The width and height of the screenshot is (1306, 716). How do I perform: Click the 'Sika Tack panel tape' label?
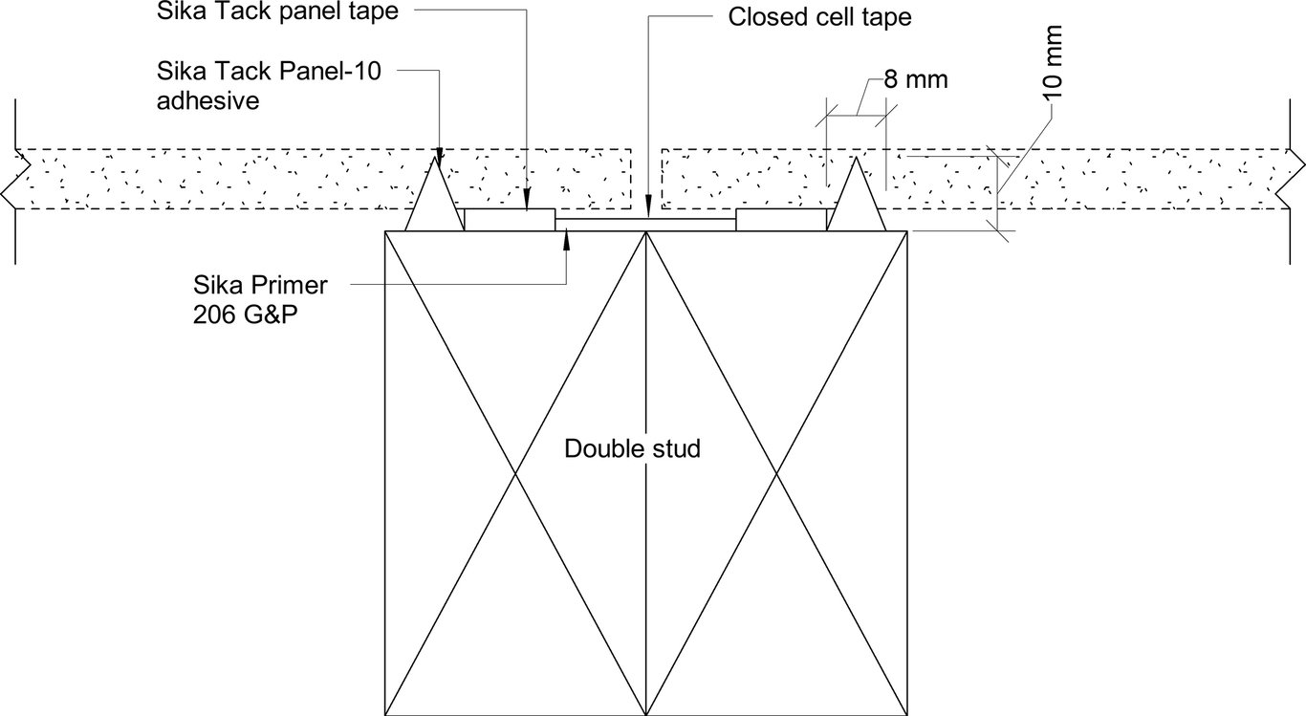276,12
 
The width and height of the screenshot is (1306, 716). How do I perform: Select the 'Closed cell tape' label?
820,17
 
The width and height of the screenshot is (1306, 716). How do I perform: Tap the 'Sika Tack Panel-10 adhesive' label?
269,86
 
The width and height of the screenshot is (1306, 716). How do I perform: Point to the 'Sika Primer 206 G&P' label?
261,299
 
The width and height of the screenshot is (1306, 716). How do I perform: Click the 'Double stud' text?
632,448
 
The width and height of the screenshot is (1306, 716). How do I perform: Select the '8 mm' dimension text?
915,79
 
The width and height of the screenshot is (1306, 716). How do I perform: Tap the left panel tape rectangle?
509,220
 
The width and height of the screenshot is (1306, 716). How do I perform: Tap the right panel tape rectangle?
781,220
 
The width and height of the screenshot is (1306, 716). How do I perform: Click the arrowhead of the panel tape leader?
527,202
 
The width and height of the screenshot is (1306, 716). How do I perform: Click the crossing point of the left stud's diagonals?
516,473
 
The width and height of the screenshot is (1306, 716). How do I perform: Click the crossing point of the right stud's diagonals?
777,473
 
